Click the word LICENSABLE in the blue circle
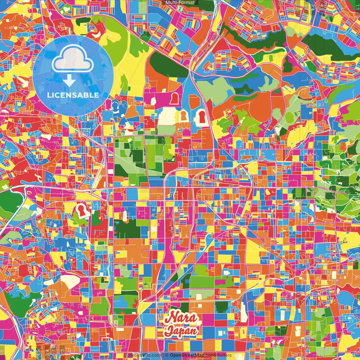point(73,95)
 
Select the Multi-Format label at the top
point(180,3)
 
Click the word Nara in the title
point(181,318)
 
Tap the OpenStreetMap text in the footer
point(187,355)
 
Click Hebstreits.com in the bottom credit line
point(145,355)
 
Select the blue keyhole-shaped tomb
point(115,106)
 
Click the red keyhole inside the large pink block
point(174,98)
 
